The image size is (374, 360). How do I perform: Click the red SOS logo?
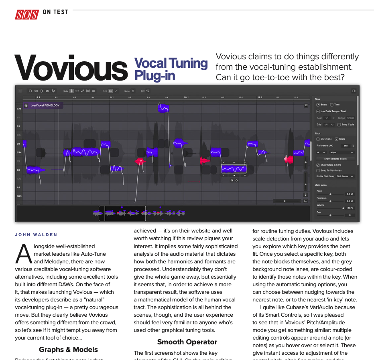tap(27, 14)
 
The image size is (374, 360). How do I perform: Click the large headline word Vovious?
tap(71, 68)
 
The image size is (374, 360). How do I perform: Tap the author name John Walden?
tap(36, 235)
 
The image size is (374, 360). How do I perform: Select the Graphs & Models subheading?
tap(68, 350)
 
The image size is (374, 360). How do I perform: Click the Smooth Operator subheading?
tap(187, 342)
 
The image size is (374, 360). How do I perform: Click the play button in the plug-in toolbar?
tap(42, 91)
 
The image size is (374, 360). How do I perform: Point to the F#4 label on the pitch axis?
tap(19, 109)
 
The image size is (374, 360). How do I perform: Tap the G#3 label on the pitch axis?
tap(19, 196)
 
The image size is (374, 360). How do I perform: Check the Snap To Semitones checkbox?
tap(318, 170)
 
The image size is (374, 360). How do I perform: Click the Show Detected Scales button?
tap(335, 159)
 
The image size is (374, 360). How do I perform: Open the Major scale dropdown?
tap(341, 152)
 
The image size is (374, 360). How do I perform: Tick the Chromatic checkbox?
tap(318, 139)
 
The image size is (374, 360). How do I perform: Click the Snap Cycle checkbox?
tap(339, 125)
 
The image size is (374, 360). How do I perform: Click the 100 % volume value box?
tap(350, 208)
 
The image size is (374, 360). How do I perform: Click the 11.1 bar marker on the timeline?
tap(260, 97)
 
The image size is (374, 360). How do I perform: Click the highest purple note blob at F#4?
tap(163, 107)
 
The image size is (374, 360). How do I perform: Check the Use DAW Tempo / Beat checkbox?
tap(318, 111)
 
